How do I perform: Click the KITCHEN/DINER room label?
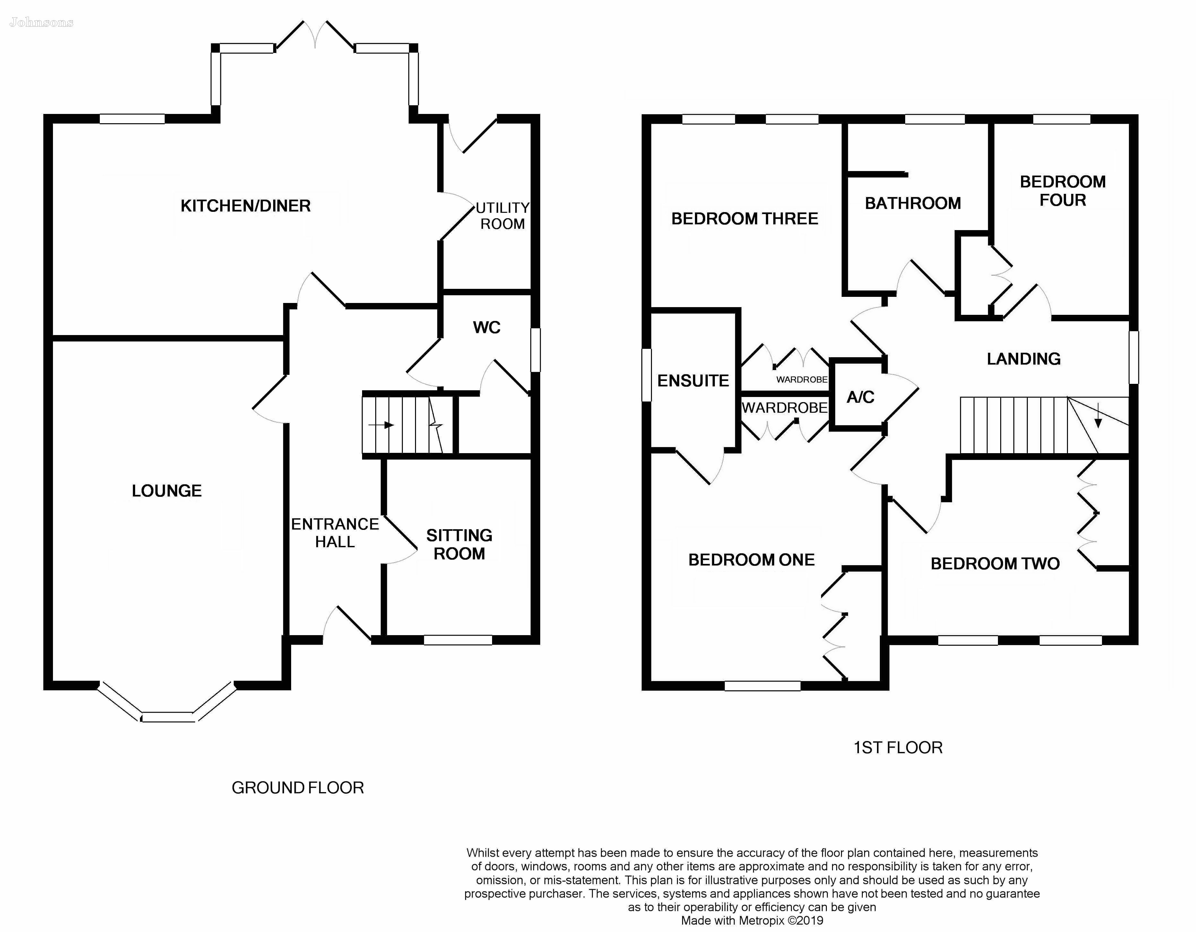(x=245, y=206)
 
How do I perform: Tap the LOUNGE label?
(x=167, y=491)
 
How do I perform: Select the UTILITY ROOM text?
(x=502, y=216)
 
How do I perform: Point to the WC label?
(x=486, y=327)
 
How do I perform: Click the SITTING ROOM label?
(x=459, y=544)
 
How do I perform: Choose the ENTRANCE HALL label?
(x=334, y=533)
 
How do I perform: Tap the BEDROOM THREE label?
(x=744, y=219)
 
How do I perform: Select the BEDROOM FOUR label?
(x=1062, y=191)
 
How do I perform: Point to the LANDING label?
(x=1024, y=359)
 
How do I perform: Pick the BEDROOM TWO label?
(x=995, y=564)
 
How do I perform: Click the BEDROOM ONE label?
(x=751, y=560)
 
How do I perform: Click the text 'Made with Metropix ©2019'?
(x=752, y=920)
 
